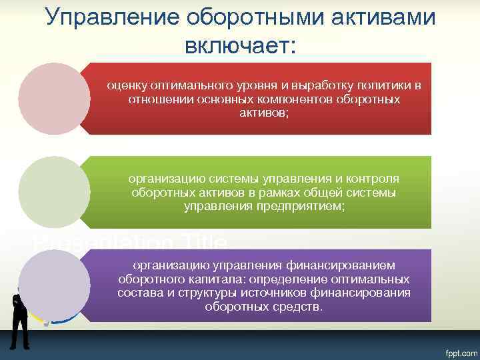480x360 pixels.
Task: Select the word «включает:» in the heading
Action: [x=241, y=46]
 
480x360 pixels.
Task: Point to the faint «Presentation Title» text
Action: [x=130, y=242]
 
